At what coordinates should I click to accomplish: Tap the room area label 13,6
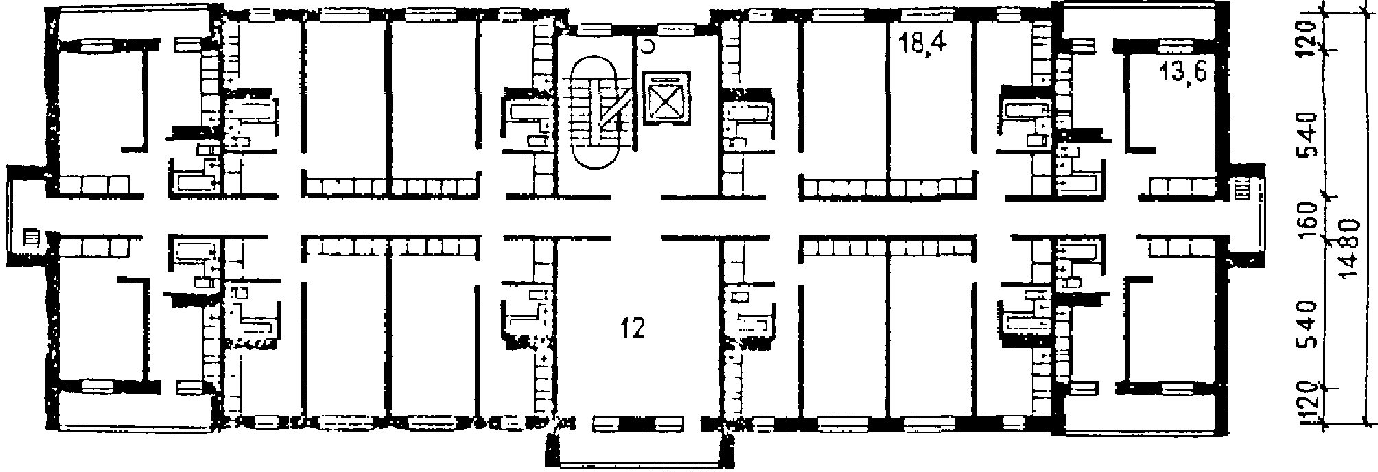point(1182,72)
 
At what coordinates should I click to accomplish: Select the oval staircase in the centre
point(596,113)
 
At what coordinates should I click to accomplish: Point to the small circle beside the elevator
point(646,47)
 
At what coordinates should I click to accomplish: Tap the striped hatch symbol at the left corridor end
point(30,238)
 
